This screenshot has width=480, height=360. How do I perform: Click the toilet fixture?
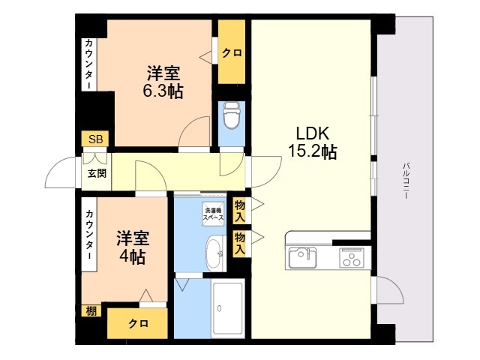[x=231, y=116]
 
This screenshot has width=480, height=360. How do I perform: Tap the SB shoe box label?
[x=95, y=139]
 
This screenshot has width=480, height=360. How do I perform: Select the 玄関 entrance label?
[x=97, y=173]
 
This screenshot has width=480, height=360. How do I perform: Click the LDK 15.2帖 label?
[x=313, y=142]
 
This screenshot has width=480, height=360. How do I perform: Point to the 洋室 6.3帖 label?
[x=163, y=82]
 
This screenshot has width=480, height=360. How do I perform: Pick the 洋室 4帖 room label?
[x=133, y=247]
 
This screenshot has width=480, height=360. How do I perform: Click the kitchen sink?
[x=303, y=257]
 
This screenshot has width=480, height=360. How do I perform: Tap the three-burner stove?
[x=352, y=257]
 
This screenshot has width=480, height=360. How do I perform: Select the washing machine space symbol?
[x=213, y=214]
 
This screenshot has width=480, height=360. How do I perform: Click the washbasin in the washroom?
[x=215, y=253]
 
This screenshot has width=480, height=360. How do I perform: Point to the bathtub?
[x=228, y=308]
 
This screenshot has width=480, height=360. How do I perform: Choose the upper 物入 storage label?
[x=240, y=211]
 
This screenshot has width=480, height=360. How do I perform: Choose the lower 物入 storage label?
[x=240, y=243]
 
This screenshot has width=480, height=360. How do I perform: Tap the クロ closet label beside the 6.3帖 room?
[x=232, y=53]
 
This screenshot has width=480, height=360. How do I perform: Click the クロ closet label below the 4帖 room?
[x=138, y=323]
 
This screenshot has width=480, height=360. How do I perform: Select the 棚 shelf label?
[x=91, y=311]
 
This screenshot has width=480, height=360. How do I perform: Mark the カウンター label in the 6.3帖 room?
[x=89, y=64]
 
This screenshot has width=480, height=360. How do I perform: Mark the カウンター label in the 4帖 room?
[x=89, y=235]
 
